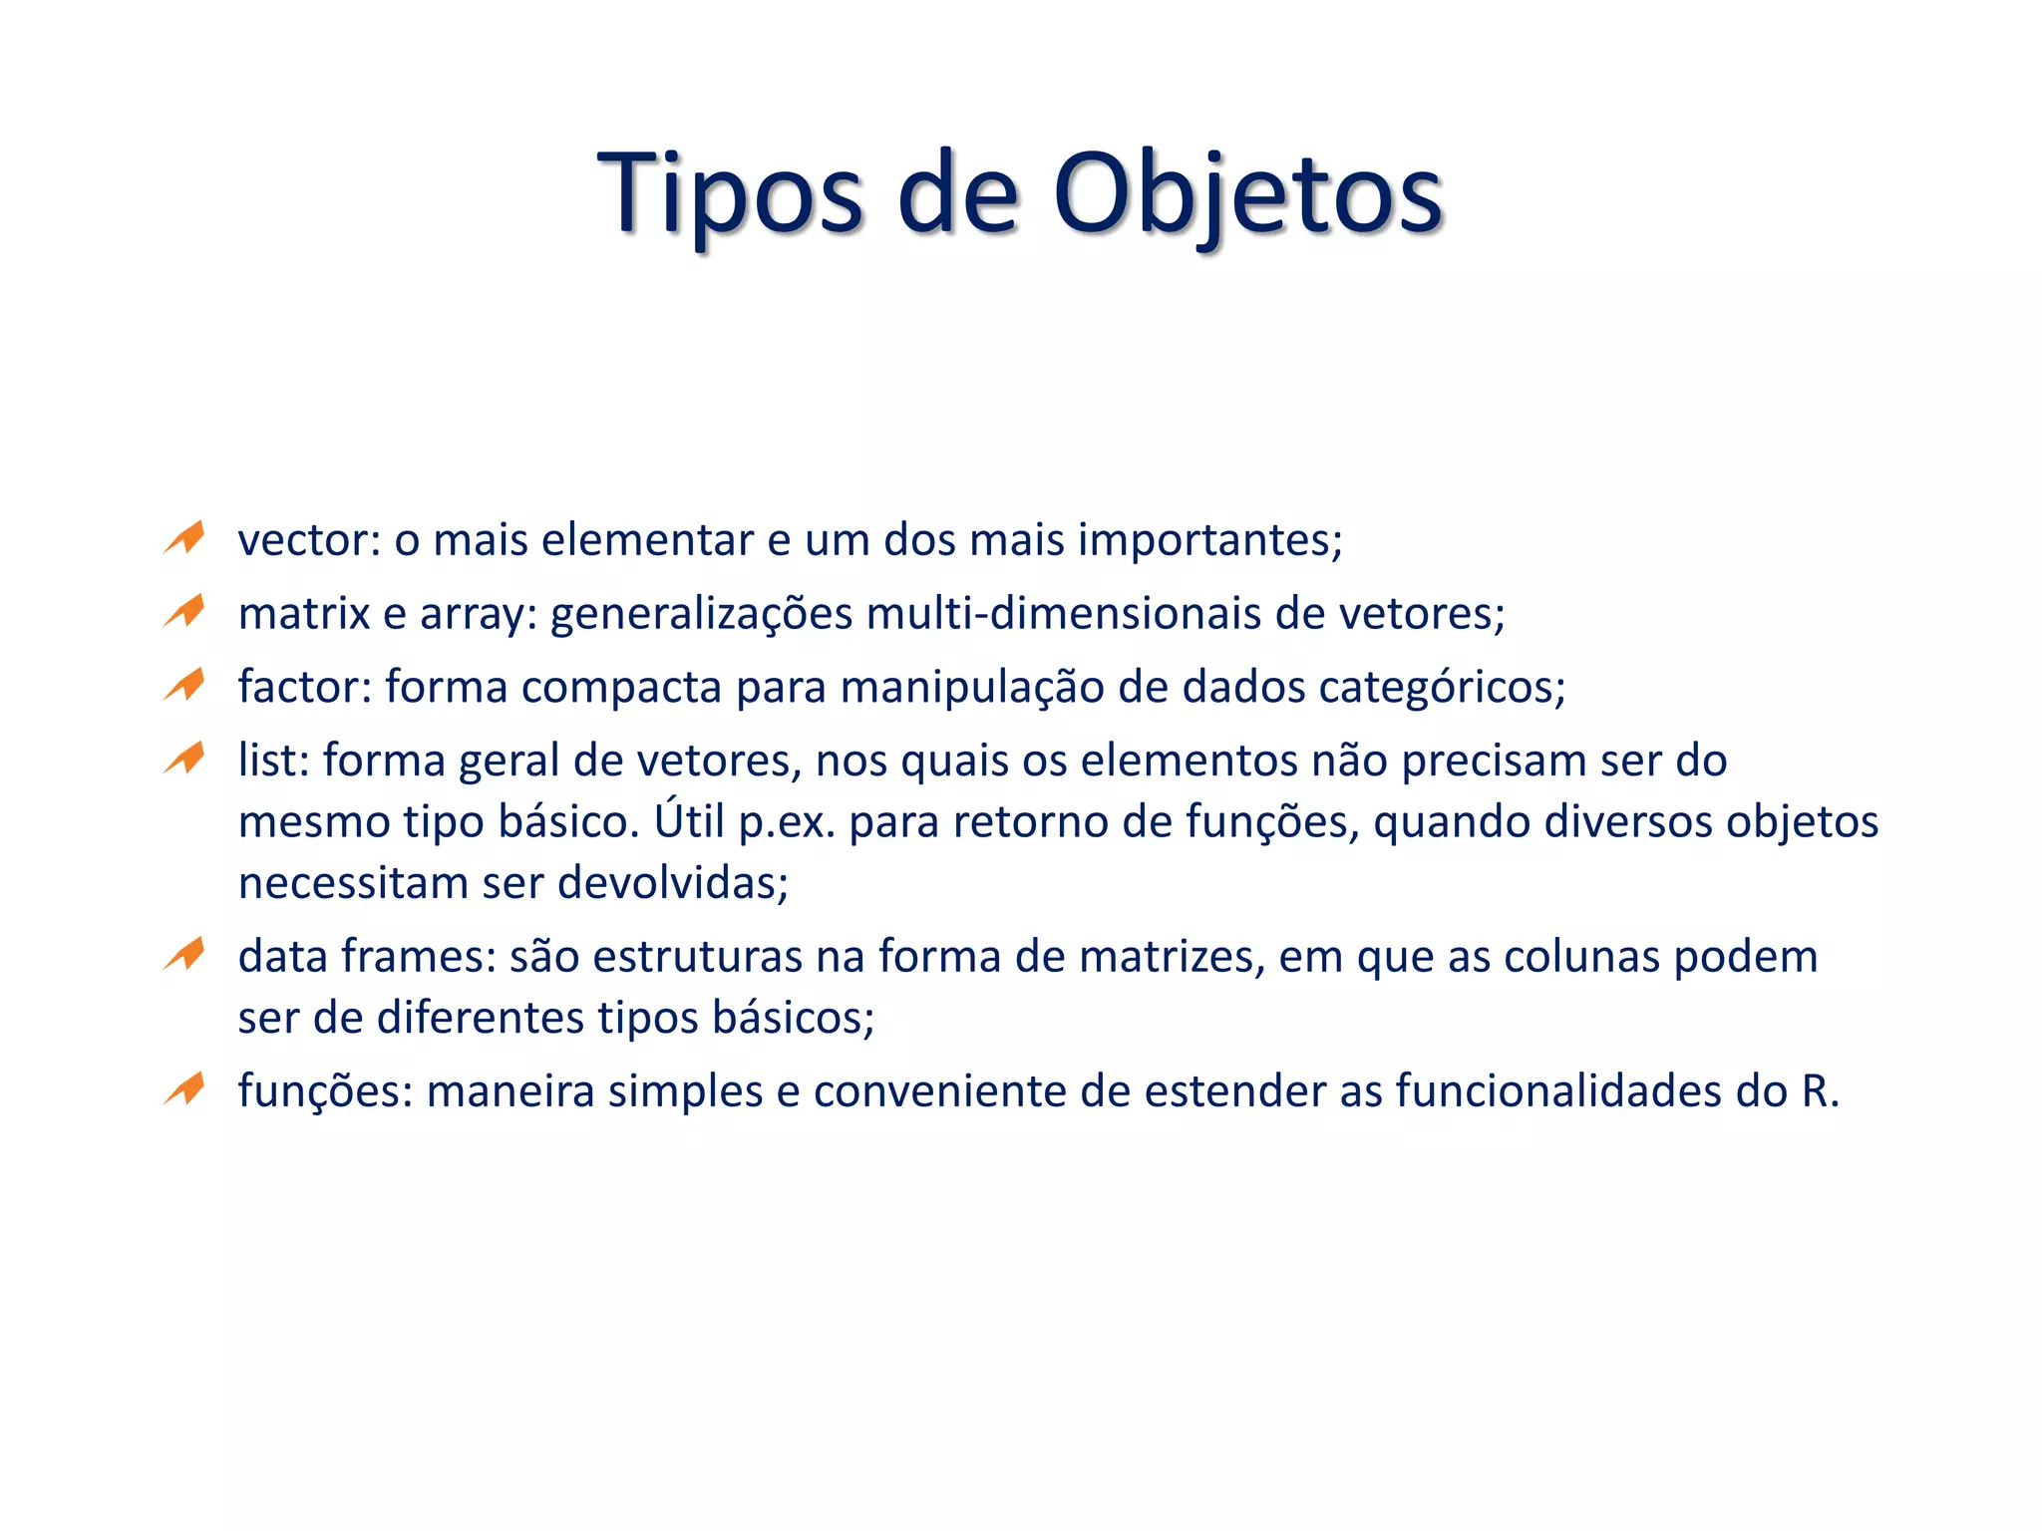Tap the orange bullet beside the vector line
click(x=185, y=538)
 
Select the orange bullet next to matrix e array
click(x=185, y=611)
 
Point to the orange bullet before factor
click(x=185, y=685)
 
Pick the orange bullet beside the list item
click(x=185, y=759)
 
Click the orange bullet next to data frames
click(x=185, y=955)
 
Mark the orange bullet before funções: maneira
click(x=185, y=1089)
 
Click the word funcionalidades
click(x=1558, y=1091)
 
